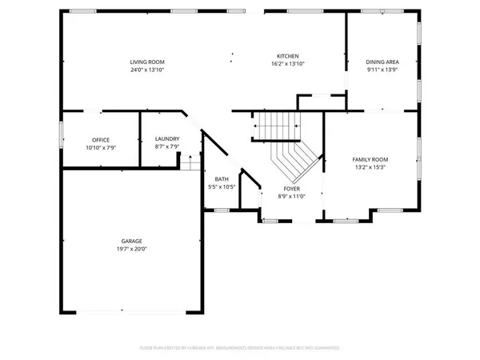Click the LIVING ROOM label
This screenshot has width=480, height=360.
(147, 62)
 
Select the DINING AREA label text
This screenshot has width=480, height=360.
(382, 62)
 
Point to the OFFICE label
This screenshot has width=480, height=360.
(100, 139)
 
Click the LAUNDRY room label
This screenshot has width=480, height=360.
(166, 139)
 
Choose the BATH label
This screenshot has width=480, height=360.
(222, 179)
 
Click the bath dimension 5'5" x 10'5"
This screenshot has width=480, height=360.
(222, 186)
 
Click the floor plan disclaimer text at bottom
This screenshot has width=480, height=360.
(240, 348)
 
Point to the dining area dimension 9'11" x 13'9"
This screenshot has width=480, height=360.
(382, 70)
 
